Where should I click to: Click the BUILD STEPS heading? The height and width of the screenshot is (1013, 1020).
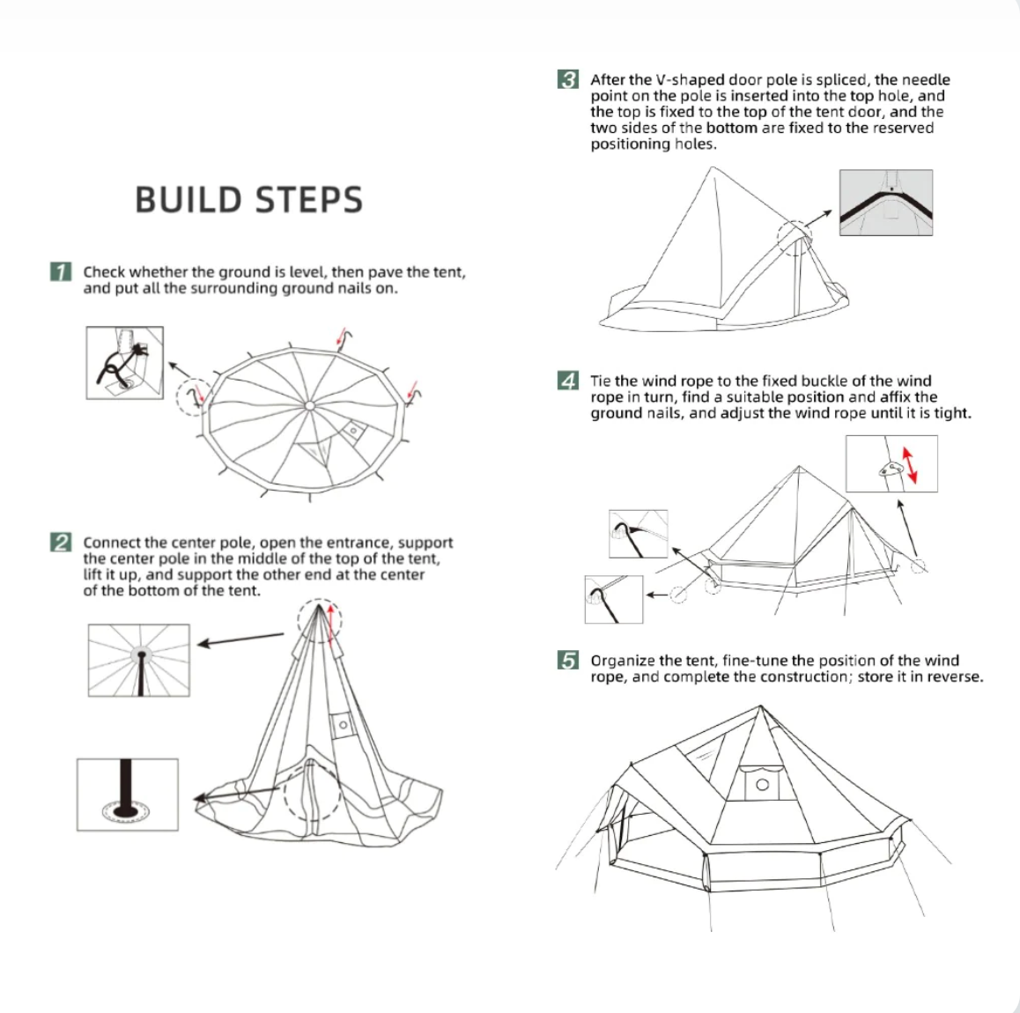(248, 200)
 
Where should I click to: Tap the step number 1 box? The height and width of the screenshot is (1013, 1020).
(61, 271)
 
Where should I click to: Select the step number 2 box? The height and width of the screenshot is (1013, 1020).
(61, 543)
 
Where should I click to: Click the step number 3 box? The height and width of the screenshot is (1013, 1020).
(568, 80)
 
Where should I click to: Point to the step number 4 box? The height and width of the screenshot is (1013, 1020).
(568, 381)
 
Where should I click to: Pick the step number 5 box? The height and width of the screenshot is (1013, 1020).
(568, 661)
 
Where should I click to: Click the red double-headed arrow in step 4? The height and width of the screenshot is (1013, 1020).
(906, 464)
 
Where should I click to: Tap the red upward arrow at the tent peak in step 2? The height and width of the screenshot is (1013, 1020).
(330, 623)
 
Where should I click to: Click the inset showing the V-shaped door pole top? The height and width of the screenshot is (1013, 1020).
(885, 203)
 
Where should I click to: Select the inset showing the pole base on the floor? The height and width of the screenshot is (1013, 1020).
(128, 795)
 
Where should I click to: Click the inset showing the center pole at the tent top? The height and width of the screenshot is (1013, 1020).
(138, 660)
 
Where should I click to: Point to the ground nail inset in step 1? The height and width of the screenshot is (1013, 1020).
(124, 362)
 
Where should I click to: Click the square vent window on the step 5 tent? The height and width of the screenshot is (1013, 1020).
(762, 784)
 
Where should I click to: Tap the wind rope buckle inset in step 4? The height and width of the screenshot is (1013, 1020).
(891, 464)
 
